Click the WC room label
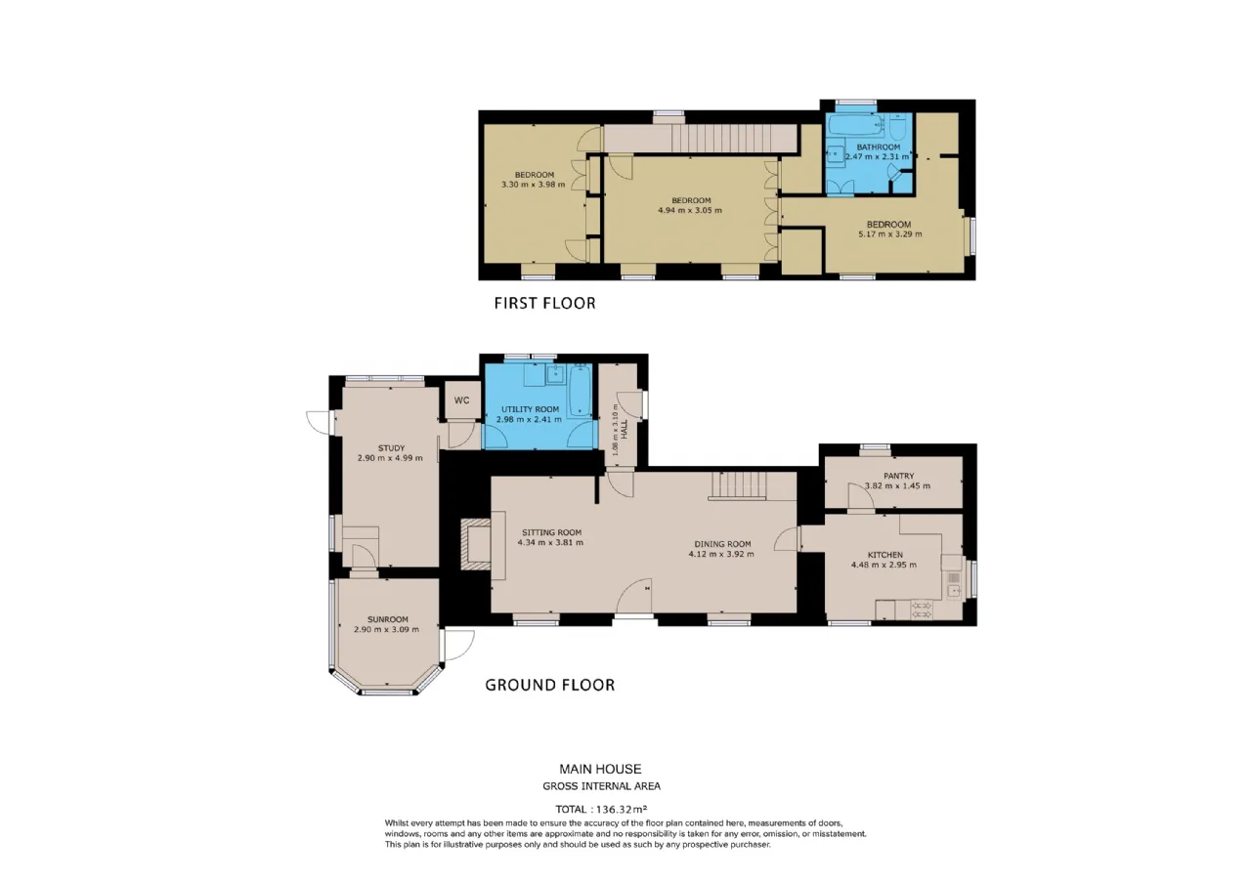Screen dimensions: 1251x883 462,400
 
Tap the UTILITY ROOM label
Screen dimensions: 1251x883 530,409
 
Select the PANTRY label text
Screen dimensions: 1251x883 898,476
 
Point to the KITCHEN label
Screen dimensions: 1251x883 885,555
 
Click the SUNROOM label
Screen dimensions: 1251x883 388,619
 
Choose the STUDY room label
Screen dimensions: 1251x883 391,448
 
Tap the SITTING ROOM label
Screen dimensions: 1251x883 552,532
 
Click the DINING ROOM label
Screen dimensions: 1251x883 722,544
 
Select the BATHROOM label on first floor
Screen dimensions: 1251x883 879,147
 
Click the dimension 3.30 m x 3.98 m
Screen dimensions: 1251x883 534,185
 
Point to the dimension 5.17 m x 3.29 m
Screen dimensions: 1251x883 890,234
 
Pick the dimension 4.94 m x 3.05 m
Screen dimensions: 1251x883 690,210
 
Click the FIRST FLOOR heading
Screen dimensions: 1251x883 545,303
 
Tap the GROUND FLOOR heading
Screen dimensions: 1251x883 550,685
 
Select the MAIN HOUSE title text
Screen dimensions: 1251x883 600,769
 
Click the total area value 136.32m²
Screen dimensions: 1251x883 622,810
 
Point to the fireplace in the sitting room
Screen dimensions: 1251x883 475,545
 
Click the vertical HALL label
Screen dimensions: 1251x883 625,430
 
